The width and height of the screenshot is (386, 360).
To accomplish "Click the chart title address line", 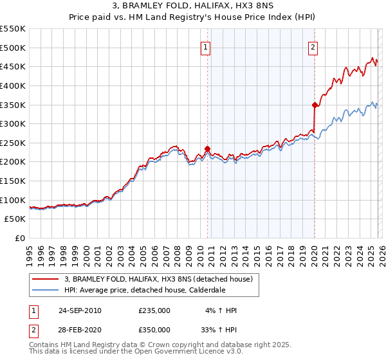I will click(x=193, y=6).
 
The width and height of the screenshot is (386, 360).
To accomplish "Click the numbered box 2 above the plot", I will click(x=313, y=46).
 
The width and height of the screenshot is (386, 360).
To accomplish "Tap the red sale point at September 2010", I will click(x=207, y=148).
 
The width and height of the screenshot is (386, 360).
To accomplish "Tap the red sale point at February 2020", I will click(x=315, y=105).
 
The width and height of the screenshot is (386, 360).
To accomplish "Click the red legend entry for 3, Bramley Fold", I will click(x=161, y=279).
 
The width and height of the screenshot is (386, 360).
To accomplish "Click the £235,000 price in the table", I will click(x=154, y=310).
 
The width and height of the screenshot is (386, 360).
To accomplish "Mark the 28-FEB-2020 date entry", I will click(x=79, y=329).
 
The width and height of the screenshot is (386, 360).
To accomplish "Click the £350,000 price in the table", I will click(x=154, y=329).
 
